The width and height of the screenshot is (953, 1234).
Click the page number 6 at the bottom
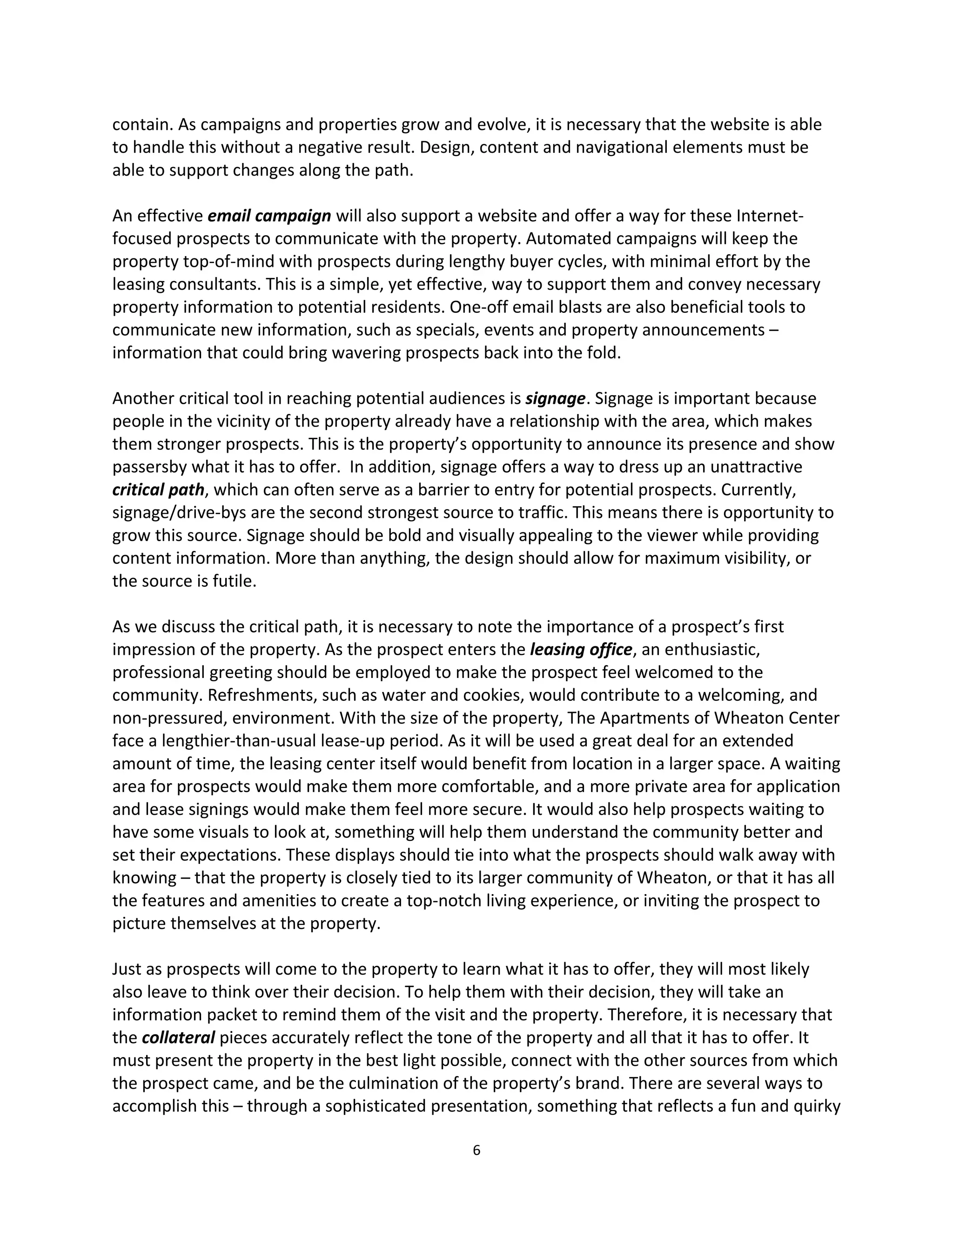click(x=476, y=1150)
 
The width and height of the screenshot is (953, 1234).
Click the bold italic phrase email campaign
click(x=269, y=216)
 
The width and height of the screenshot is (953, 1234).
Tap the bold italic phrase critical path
click(x=158, y=490)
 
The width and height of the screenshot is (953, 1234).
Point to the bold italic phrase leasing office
click(x=580, y=650)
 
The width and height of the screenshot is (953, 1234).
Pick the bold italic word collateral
click(x=178, y=1038)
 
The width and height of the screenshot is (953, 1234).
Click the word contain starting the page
click(x=135, y=124)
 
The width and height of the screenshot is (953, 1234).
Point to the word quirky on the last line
click(x=816, y=1106)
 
